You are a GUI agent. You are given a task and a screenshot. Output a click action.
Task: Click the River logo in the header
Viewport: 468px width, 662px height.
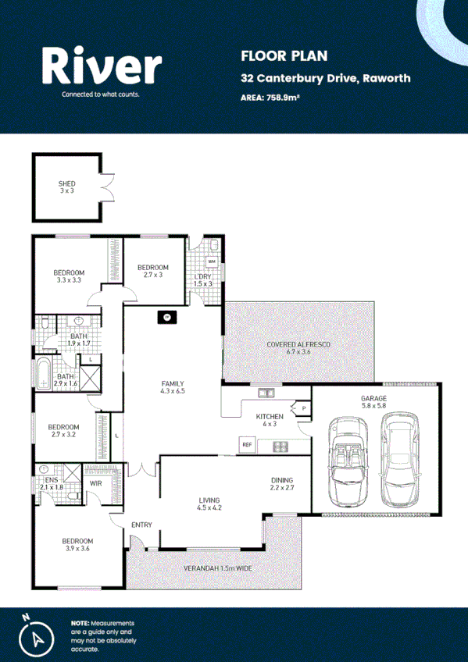pyautogui.click(x=102, y=69)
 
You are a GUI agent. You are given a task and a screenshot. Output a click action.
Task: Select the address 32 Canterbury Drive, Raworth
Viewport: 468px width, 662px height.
pyautogui.click(x=326, y=79)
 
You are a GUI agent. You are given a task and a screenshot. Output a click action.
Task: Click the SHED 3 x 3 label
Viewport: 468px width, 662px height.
pyautogui.click(x=67, y=187)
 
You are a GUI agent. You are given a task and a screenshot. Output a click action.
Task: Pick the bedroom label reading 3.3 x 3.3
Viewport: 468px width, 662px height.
pyautogui.click(x=69, y=276)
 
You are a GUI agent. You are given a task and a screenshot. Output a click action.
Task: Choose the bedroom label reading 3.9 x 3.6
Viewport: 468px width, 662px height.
pyautogui.click(x=78, y=545)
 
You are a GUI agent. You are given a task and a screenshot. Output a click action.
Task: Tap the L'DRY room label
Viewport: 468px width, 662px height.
pyautogui.click(x=202, y=279)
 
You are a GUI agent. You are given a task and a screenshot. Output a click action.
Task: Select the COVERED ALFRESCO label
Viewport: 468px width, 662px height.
pyautogui.click(x=299, y=347)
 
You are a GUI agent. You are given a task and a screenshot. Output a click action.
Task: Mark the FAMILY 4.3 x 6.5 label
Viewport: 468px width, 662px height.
pyautogui.click(x=173, y=387)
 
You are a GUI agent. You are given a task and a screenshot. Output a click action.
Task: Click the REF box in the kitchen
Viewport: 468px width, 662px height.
pyautogui.click(x=248, y=446)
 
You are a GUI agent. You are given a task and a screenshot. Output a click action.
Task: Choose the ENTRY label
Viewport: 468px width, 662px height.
pyautogui.click(x=141, y=525)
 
